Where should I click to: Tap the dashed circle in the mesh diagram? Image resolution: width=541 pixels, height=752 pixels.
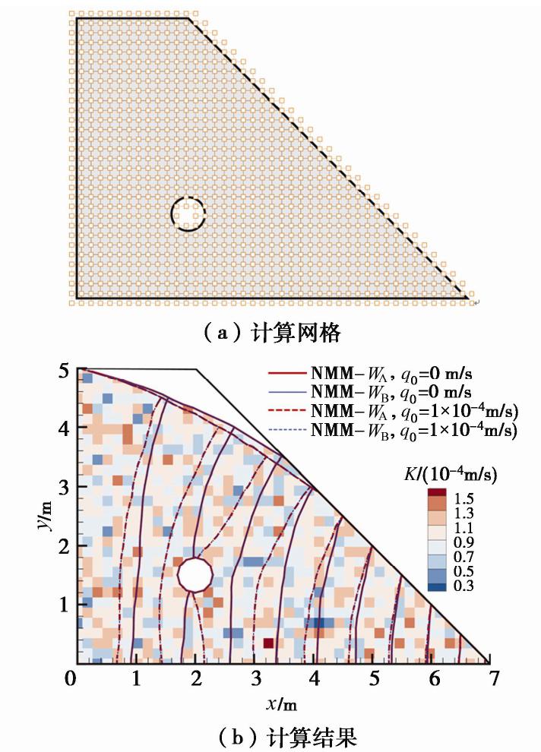coord(188,213)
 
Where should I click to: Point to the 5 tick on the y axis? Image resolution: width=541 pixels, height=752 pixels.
coord(65,371)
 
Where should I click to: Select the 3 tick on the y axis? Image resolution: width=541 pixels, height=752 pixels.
coord(65,488)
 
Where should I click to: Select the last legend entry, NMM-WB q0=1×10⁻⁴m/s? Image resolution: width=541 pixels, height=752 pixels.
coord(391,431)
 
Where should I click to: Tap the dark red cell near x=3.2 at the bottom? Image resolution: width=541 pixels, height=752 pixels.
coord(268,643)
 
